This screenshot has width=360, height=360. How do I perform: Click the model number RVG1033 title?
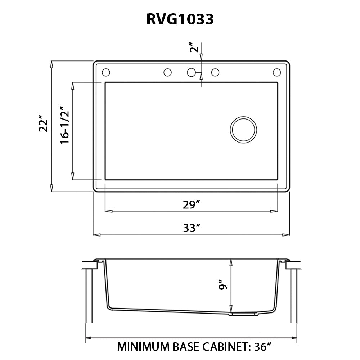point(180,19)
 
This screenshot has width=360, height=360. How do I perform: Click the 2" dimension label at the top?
point(194,48)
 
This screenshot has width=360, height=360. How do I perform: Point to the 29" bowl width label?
point(191,205)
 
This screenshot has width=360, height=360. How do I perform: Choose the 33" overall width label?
point(191,228)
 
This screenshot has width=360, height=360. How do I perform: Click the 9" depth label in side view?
point(224,285)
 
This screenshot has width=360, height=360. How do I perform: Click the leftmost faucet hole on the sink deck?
point(106,72)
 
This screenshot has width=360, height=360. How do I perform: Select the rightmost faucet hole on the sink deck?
point(276,72)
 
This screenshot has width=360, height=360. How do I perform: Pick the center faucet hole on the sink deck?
point(192,72)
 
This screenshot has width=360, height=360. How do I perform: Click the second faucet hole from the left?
point(167,72)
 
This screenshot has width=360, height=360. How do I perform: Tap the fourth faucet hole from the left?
point(215,72)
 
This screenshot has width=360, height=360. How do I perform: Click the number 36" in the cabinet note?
point(261,347)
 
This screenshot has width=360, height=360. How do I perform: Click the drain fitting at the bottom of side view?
point(244,315)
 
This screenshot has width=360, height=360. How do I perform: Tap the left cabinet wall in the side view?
point(89,295)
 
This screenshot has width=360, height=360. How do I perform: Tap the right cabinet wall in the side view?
point(294,295)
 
